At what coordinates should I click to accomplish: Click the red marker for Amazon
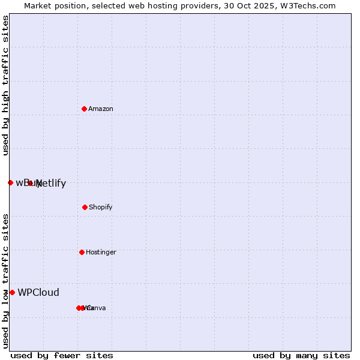click(84, 109)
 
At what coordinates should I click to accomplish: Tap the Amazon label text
click(101, 109)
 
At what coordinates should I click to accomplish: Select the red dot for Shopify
click(85, 207)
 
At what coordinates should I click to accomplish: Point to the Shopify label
click(101, 208)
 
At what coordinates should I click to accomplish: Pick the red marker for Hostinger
click(82, 252)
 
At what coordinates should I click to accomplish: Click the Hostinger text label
click(101, 253)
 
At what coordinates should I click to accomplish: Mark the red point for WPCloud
click(12, 292)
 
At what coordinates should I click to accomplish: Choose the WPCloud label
click(38, 293)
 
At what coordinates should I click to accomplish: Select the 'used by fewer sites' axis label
click(62, 356)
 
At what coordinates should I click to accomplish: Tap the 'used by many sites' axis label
click(301, 356)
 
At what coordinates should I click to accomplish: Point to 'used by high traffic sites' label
click(5, 86)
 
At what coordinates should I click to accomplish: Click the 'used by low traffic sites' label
click(5, 281)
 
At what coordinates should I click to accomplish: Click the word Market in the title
click(37, 6)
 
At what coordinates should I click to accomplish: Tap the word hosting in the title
click(165, 6)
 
